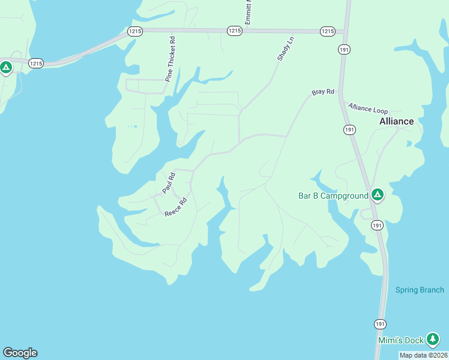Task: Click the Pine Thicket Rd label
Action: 171,59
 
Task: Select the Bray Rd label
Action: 322,92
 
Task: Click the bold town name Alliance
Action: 396,121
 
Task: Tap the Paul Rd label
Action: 167,183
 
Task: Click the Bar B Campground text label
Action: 333,196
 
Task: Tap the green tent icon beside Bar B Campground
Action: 377,194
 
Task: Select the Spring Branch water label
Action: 420,290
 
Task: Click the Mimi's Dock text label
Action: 401,340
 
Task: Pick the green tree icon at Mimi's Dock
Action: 433,340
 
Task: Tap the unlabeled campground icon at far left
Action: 6,68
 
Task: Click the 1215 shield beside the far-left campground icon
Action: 36,63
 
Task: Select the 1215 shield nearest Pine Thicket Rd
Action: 135,31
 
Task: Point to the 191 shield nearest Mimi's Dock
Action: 379,323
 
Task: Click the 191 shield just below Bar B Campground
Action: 376,225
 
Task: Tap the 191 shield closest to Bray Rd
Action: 343,49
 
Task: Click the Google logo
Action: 20,353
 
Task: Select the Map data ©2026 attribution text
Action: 423,355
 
